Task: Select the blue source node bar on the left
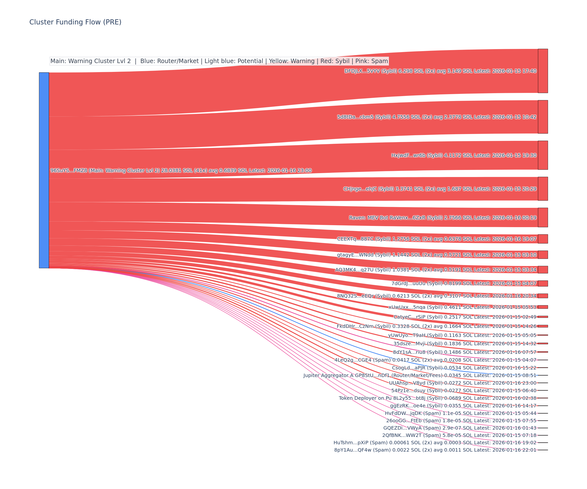44,170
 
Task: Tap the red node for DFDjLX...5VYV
543,71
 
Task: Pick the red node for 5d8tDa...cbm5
543,117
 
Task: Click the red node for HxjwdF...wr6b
543,155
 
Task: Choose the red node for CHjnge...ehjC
543,189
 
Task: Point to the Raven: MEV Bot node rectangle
543,217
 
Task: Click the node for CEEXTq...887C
543,239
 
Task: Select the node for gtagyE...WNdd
543,255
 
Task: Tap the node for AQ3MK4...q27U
543,270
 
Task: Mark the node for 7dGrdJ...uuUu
543,283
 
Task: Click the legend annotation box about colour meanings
219,61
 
